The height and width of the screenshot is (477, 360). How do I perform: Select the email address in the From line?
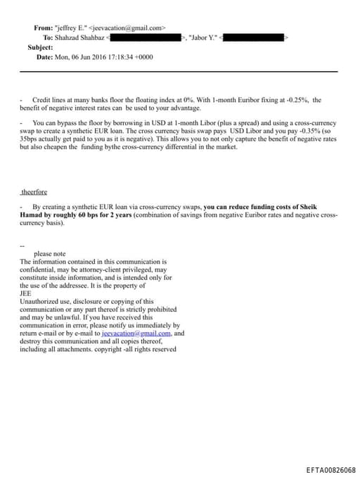[129, 28]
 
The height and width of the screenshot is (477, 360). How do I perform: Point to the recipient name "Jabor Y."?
[202, 37]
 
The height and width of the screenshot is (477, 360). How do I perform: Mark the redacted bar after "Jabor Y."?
[252, 37]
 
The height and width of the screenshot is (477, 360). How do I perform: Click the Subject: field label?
[40, 47]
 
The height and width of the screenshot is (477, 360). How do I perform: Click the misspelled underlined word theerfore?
[35, 191]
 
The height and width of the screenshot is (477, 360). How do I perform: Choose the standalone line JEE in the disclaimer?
[25, 293]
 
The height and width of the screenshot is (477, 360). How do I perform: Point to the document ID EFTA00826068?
[331, 469]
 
